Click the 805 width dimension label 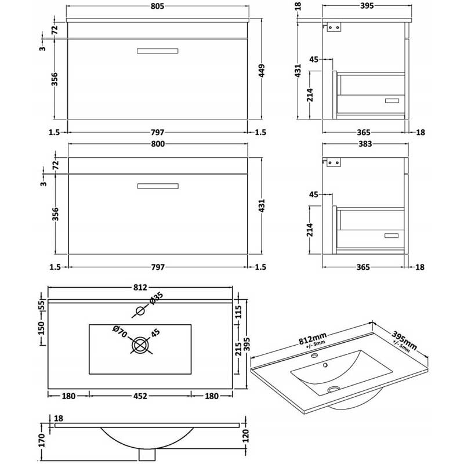(x=157, y=6)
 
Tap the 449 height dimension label (x=262, y=70)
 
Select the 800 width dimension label (x=158, y=144)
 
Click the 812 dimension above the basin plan (x=140, y=287)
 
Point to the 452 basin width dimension (x=140, y=396)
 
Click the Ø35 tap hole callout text (x=157, y=298)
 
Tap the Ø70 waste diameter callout (x=120, y=332)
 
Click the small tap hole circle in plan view (x=140, y=311)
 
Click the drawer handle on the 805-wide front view (x=157, y=51)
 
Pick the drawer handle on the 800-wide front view (x=158, y=186)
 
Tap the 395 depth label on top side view (x=367, y=6)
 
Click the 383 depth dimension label (x=365, y=144)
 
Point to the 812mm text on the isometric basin (x=313, y=339)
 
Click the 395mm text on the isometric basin (x=404, y=340)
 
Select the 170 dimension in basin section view (x=41, y=441)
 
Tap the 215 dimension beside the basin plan (x=238, y=350)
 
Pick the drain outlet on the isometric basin (x=333, y=390)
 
